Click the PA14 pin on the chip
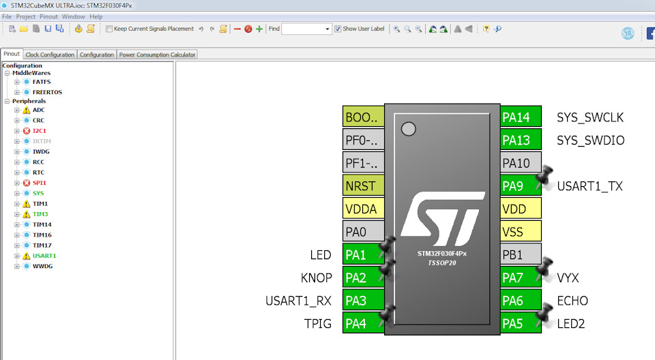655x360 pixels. (521, 117)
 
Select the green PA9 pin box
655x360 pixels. (521, 186)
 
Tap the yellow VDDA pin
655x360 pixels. (363, 209)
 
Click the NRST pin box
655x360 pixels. (363, 186)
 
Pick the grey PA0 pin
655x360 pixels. (363, 232)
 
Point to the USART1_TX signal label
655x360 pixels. (589, 186)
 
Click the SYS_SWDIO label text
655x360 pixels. (591, 140)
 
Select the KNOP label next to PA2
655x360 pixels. (316, 277)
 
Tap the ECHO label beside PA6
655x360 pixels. (572, 301)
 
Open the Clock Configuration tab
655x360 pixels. (50, 55)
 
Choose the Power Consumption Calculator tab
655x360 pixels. (157, 55)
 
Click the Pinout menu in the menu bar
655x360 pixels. (48, 17)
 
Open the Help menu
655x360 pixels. (96, 17)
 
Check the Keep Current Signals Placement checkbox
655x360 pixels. (109, 29)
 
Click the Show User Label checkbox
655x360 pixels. (338, 29)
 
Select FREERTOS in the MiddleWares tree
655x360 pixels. (47, 92)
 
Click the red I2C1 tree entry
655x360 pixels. (40, 131)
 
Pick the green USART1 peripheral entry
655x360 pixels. (44, 256)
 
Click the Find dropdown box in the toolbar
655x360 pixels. (306, 29)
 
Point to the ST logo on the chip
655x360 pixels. (442, 219)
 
